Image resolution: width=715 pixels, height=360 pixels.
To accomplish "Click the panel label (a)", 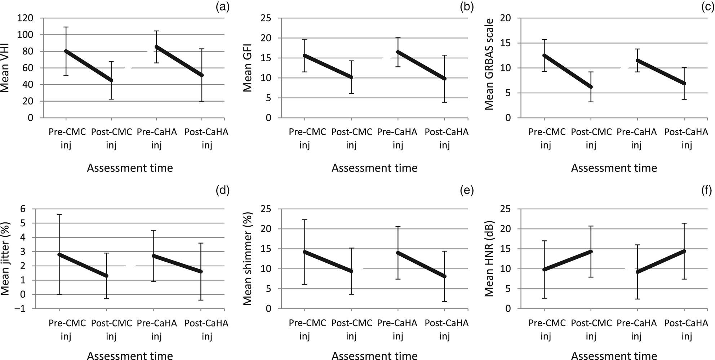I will pyautogui.click(x=222, y=7).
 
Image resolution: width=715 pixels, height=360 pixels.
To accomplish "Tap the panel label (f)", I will pyautogui.click(x=706, y=190).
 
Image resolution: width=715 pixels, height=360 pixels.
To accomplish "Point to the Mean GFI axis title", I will pyautogui.click(x=248, y=68).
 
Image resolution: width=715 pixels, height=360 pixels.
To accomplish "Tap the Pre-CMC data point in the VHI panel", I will pyautogui.click(x=66, y=51).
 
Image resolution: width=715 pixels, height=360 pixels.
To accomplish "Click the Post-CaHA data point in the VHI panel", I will pyautogui.click(x=202, y=75).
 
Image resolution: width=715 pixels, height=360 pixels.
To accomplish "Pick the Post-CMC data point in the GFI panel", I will pyautogui.click(x=351, y=77).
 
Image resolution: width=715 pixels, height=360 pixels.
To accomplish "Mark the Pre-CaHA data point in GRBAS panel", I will pyautogui.click(x=638, y=61).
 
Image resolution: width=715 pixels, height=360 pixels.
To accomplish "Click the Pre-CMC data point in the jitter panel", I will pyautogui.click(x=59, y=254).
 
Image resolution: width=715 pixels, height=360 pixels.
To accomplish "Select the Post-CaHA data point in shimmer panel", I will pyautogui.click(x=444, y=276).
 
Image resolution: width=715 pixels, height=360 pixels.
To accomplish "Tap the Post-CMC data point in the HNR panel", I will pyautogui.click(x=591, y=252).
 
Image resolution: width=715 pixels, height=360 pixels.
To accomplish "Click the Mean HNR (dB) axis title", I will pyautogui.click(x=489, y=258).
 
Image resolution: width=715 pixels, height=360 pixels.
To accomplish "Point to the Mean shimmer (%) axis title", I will pyautogui.click(x=248, y=258).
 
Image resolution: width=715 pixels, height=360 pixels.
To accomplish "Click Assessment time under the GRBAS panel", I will pyautogui.click(x=614, y=168).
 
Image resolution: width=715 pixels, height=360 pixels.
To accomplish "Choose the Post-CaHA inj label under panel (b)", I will pyautogui.click(x=446, y=138).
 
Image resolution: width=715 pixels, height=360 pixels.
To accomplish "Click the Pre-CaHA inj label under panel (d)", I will pyautogui.click(x=157, y=329).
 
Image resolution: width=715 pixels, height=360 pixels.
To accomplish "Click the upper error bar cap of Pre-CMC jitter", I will pyautogui.click(x=59, y=215).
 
